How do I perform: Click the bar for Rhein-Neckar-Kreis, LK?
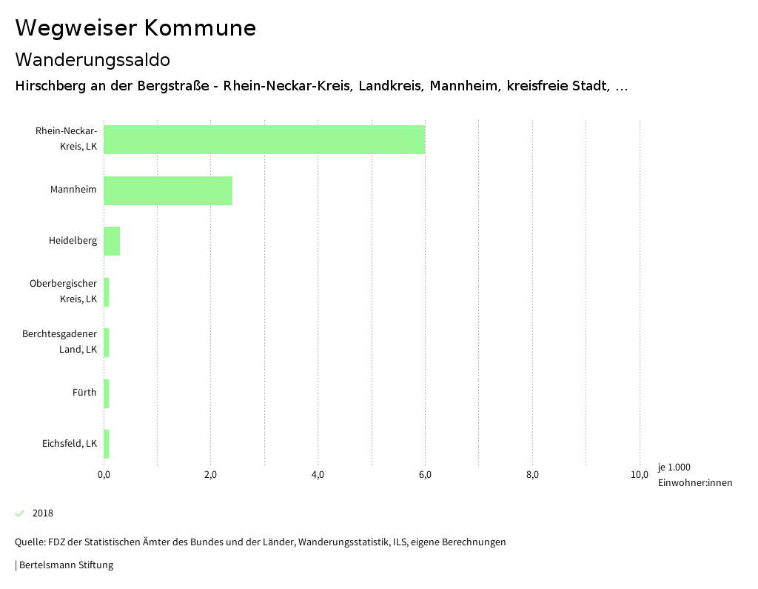(x=264, y=139)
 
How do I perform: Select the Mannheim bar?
(x=168, y=190)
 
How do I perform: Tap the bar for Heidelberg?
(x=112, y=241)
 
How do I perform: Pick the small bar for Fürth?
(x=107, y=393)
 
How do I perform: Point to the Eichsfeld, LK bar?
(x=107, y=444)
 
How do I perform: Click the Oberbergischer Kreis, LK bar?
(x=107, y=292)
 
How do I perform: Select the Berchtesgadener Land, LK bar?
(x=107, y=342)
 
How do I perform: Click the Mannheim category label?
(x=73, y=190)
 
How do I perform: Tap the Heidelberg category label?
(x=73, y=240)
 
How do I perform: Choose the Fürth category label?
(x=84, y=393)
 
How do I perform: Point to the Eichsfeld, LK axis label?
(x=70, y=444)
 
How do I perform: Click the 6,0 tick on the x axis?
(x=425, y=475)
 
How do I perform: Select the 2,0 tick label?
(x=210, y=475)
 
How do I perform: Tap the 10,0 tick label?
(x=640, y=475)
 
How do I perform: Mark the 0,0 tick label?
(x=104, y=475)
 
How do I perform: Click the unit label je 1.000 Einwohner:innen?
(x=694, y=475)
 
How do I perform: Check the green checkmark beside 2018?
(x=20, y=513)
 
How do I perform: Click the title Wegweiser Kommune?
(x=135, y=28)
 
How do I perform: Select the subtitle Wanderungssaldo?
(x=93, y=59)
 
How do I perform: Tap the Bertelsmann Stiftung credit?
(x=65, y=565)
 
